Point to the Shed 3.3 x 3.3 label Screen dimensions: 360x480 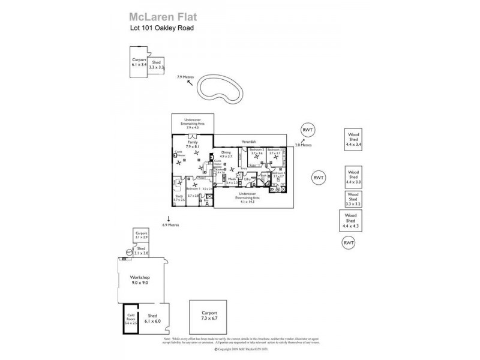157,65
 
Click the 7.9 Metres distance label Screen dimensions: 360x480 186,77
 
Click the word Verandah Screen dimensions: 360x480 248,142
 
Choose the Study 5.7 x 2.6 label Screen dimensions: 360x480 178,197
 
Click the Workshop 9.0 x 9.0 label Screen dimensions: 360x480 139,280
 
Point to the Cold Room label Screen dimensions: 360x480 131,319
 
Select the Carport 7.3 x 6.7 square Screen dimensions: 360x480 209,316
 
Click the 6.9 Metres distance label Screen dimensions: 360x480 170,225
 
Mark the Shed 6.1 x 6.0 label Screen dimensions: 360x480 153,318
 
